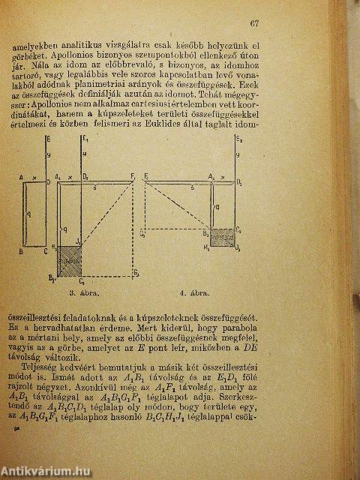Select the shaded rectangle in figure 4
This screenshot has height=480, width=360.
[224, 235]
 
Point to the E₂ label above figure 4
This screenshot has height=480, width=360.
[238, 139]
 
